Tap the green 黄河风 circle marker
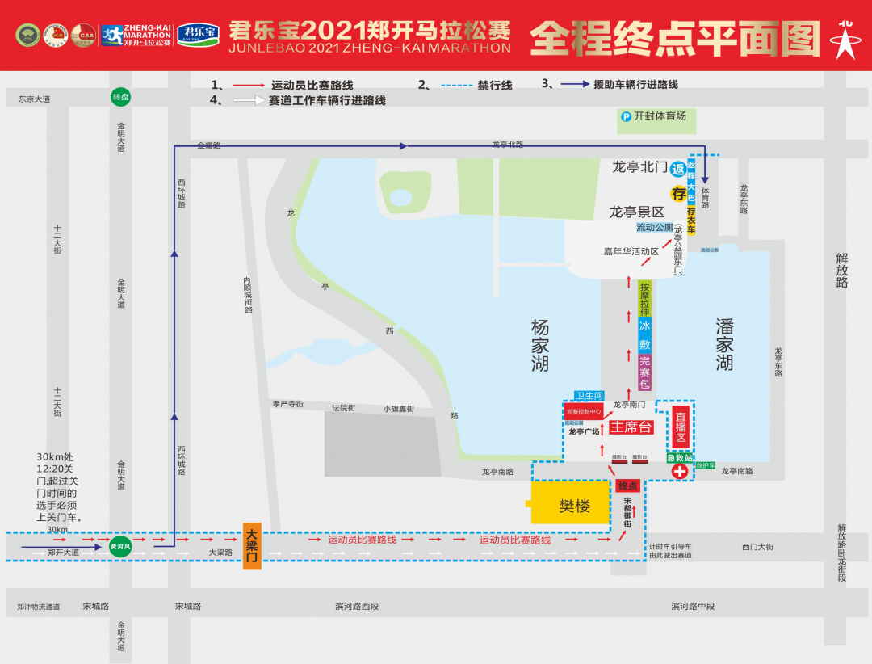(x=120, y=547)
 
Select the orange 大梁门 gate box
(x=252, y=545)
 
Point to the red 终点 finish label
(x=628, y=485)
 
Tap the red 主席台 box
(x=631, y=427)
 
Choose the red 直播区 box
(x=680, y=427)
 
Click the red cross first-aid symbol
(x=680, y=470)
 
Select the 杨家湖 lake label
(x=540, y=345)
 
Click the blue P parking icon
(x=625, y=116)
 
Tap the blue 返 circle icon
(x=678, y=169)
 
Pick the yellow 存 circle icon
(x=679, y=194)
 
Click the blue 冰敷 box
(x=644, y=335)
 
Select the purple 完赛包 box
(x=644, y=372)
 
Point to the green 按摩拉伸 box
(x=644, y=299)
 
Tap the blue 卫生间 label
(x=589, y=396)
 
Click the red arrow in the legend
(x=249, y=85)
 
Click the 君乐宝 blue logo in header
(x=198, y=34)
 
